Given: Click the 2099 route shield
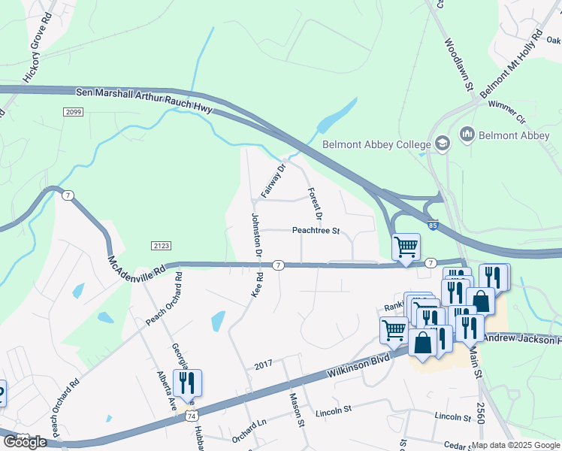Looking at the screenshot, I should [73, 112].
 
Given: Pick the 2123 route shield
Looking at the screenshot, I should [161, 246].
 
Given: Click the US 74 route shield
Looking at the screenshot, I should [192, 416].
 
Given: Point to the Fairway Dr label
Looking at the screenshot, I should [273, 180].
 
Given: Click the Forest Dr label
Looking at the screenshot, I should [315, 203].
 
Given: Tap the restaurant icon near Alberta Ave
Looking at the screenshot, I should [186, 383].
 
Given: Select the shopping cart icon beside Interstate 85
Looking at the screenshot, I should [406, 247].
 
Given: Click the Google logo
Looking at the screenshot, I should [25, 442].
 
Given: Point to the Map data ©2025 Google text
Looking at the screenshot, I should [515, 445].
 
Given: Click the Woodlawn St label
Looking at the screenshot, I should [458, 65].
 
